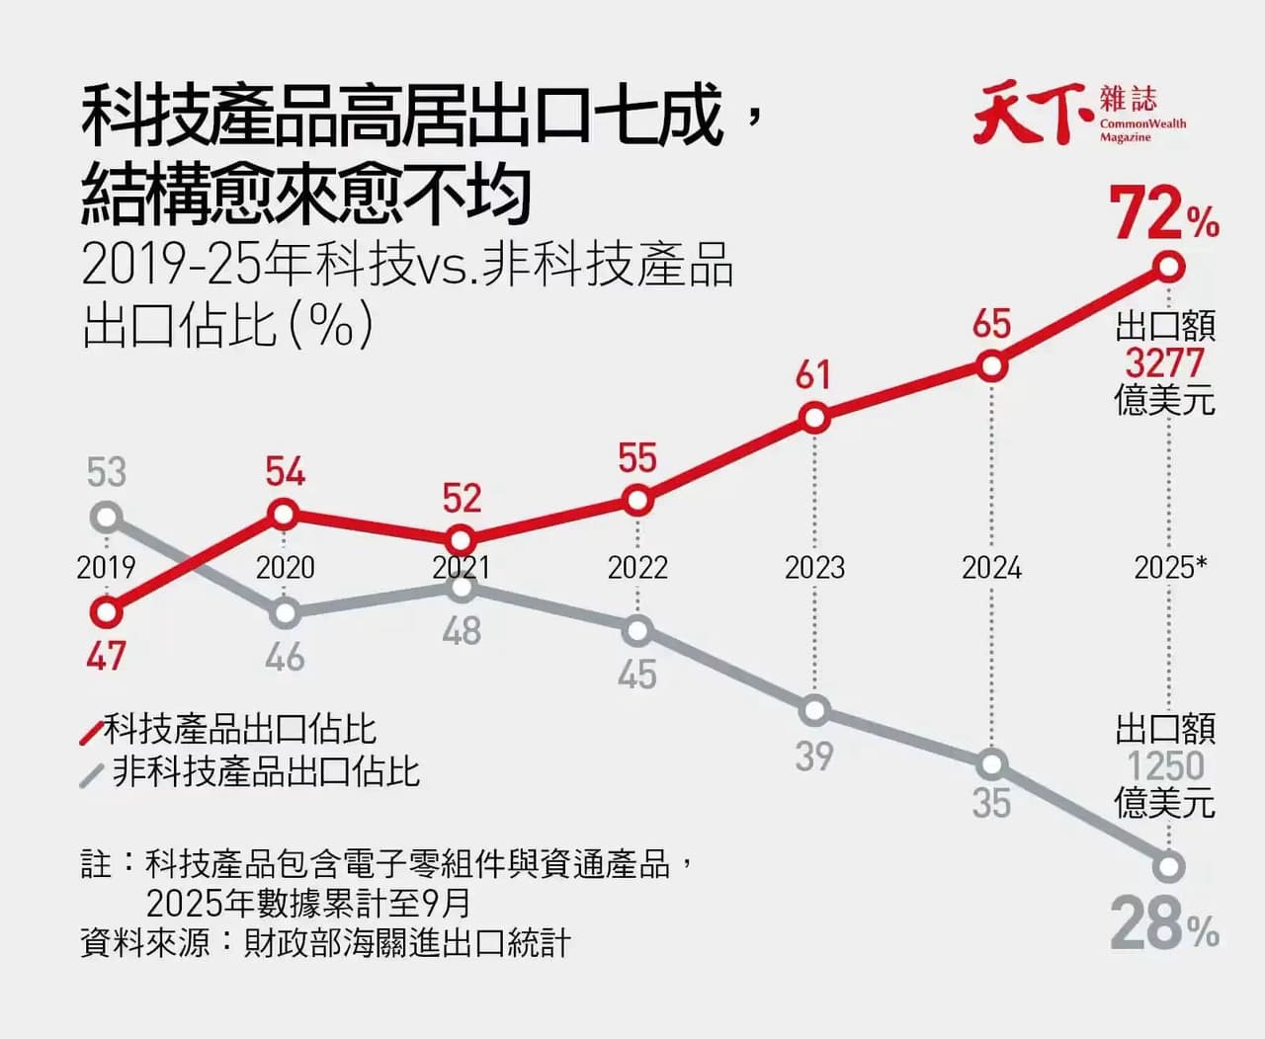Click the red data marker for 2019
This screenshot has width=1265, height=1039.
[x=106, y=612]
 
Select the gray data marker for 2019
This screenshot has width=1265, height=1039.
[x=106, y=517]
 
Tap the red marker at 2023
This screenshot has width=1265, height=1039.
[x=814, y=418]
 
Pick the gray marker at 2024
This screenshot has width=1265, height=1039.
[x=991, y=765]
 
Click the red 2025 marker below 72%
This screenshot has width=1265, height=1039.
[x=1168, y=267]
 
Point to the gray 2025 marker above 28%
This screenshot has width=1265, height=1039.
[x=1168, y=867]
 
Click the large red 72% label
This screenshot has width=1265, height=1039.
[x=1164, y=214]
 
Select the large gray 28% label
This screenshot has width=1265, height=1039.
[x=1164, y=923]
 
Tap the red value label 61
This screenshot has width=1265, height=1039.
[x=813, y=374]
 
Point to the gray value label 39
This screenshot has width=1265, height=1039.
[x=814, y=757]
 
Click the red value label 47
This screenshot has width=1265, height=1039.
[x=106, y=657]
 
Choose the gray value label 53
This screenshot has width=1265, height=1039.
[x=106, y=472]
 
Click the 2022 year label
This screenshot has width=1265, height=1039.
[x=637, y=567]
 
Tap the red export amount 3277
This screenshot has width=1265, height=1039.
[x=1165, y=362]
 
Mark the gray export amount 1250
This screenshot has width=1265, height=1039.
[x=1165, y=765]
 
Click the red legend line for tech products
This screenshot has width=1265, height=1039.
[x=92, y=733]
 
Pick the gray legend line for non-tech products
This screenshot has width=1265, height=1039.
[x=92, y=775]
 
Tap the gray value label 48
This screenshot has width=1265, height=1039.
[x=462, y=631]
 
